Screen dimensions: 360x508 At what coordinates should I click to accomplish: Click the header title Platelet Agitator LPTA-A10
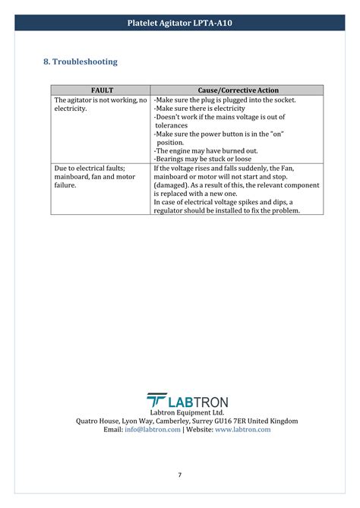coord(180,24)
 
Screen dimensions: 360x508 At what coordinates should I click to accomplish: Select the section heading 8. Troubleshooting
coord(81,62)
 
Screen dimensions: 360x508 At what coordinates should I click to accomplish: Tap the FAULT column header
coord(100,90)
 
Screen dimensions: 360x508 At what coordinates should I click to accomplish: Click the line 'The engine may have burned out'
coord(206,150)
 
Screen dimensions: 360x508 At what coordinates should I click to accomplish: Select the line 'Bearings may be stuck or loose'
coord(203,159)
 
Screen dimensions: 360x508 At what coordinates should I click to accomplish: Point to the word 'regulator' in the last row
coord(171,210)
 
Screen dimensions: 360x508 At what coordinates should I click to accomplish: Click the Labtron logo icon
coord(156,401)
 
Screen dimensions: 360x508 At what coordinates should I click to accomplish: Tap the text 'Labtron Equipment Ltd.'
coord(180,412)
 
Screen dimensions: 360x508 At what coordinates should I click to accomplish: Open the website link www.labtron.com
coord(243,429)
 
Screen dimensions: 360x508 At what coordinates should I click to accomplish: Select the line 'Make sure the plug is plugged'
coord(225,99)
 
